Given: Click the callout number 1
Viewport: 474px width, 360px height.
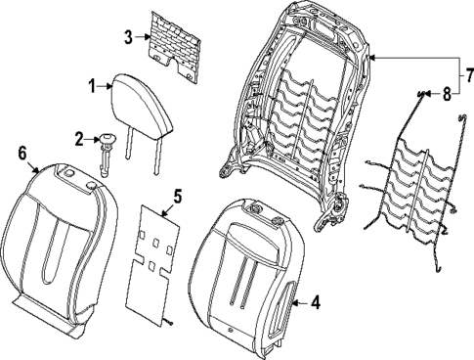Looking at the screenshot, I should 93,87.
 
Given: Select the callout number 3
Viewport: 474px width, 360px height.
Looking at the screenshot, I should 128,38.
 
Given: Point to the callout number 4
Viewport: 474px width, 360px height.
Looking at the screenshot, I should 315,303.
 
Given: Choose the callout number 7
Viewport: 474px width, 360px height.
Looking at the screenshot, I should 466,74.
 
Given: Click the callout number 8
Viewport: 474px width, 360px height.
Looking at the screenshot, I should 447,95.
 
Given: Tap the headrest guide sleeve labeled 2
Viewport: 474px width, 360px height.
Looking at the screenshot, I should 106,147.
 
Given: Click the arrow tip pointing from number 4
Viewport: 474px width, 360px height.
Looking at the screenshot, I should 294,303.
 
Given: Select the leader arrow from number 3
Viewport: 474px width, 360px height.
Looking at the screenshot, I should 144,38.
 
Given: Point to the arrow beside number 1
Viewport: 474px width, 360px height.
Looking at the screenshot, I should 107,88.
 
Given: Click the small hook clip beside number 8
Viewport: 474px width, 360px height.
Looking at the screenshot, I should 423,94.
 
